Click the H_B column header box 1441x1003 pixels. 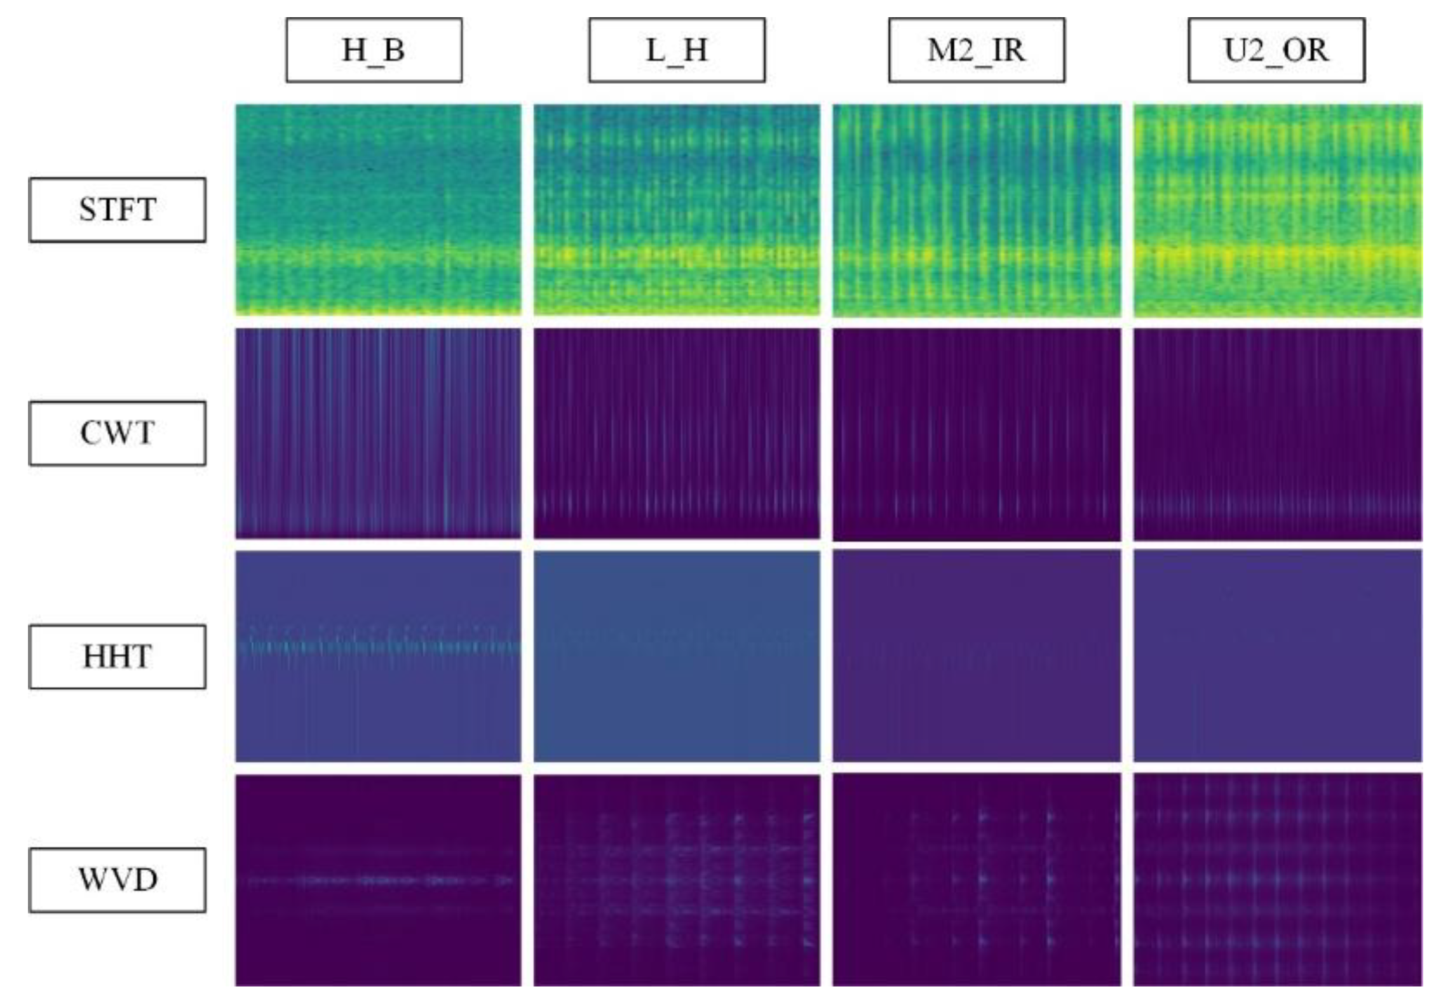tap(374, 50)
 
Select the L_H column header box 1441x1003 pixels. tap(677, 50)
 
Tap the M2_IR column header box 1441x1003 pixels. tap(977, 50)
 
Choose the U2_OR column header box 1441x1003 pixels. tap(1276, 50)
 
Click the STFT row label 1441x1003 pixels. tap(118, 210)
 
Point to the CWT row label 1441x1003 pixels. tap(118, 433)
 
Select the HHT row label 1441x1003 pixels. tap(118, 657)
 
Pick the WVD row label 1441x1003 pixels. tap(118, 880)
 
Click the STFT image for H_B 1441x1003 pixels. tap(378, 210)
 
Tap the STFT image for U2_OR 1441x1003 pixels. tap(1277, 210)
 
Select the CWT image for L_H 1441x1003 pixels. tap(677, 433)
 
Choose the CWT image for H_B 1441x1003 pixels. tap(378, 433)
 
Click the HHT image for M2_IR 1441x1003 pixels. tap(977, 656)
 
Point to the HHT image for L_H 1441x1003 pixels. tap(677, 656)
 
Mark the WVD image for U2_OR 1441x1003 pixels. tap(1277, 880)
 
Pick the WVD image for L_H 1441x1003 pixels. tap(677, 880)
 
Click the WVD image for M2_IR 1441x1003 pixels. tap(977, 880)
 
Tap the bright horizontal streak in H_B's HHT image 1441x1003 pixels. tap(378, 648)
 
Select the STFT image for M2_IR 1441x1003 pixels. tap(977, 210)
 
